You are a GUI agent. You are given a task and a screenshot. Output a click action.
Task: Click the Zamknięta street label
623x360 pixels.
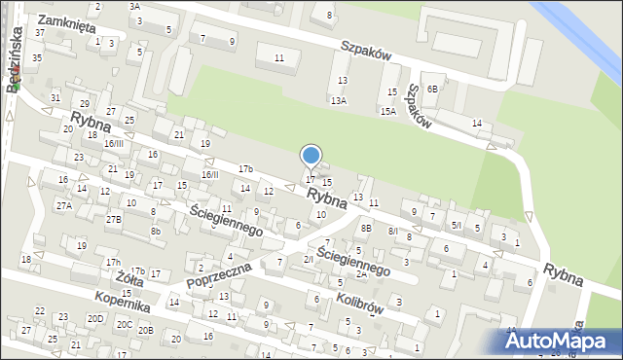tap(67, 20)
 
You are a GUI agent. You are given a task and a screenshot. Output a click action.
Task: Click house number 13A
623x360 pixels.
tap(338, 100)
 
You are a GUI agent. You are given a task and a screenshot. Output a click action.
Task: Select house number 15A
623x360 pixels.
tap(387, 112)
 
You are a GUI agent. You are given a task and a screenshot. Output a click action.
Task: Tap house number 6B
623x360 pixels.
tap(432, 89)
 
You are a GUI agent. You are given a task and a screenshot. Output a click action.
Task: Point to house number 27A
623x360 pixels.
tap(64, 205)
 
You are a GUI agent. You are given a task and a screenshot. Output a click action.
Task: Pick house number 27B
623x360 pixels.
tap(114, 219)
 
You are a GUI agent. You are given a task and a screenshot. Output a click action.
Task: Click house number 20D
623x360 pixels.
tap(94, 318)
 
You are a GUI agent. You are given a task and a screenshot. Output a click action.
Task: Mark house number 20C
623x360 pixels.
tap(124, 324)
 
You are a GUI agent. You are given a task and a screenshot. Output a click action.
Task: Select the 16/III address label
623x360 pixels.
tap(114, 144)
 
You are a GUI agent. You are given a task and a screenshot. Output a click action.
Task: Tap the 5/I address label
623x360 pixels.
tap(456, 225)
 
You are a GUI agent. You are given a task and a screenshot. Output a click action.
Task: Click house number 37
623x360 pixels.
tap(40, 33)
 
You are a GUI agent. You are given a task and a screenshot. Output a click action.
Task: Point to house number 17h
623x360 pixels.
tap(114, 263)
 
